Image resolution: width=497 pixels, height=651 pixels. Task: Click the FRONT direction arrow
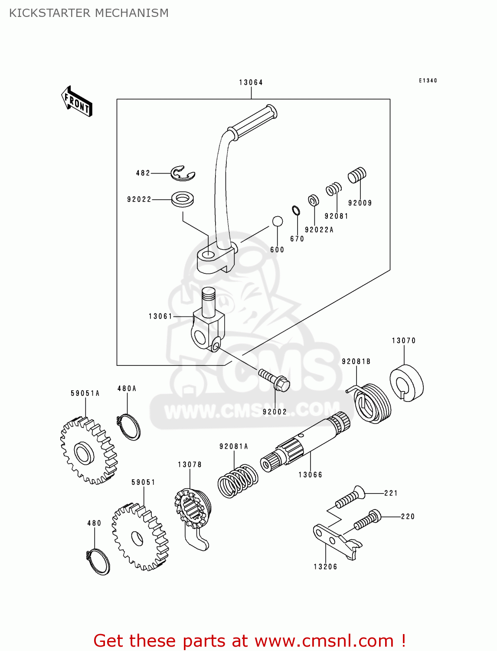[77, 102]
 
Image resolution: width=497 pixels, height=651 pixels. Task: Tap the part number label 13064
[251, 82]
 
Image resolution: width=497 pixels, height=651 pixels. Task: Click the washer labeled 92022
[183, 199]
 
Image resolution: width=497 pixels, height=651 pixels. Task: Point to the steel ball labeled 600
[278, 221]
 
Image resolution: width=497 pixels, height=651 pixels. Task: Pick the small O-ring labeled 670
[296, 211]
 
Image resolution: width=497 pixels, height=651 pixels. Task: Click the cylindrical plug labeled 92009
[357, 175]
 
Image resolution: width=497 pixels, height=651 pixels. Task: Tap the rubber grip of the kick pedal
[253, 122]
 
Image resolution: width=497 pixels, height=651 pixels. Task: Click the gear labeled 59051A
[88, 451]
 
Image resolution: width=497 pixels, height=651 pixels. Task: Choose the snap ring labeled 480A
[129, 427]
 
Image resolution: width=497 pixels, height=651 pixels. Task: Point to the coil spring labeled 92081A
[237, 481]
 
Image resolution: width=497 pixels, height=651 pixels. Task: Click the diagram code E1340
[428, 81]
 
